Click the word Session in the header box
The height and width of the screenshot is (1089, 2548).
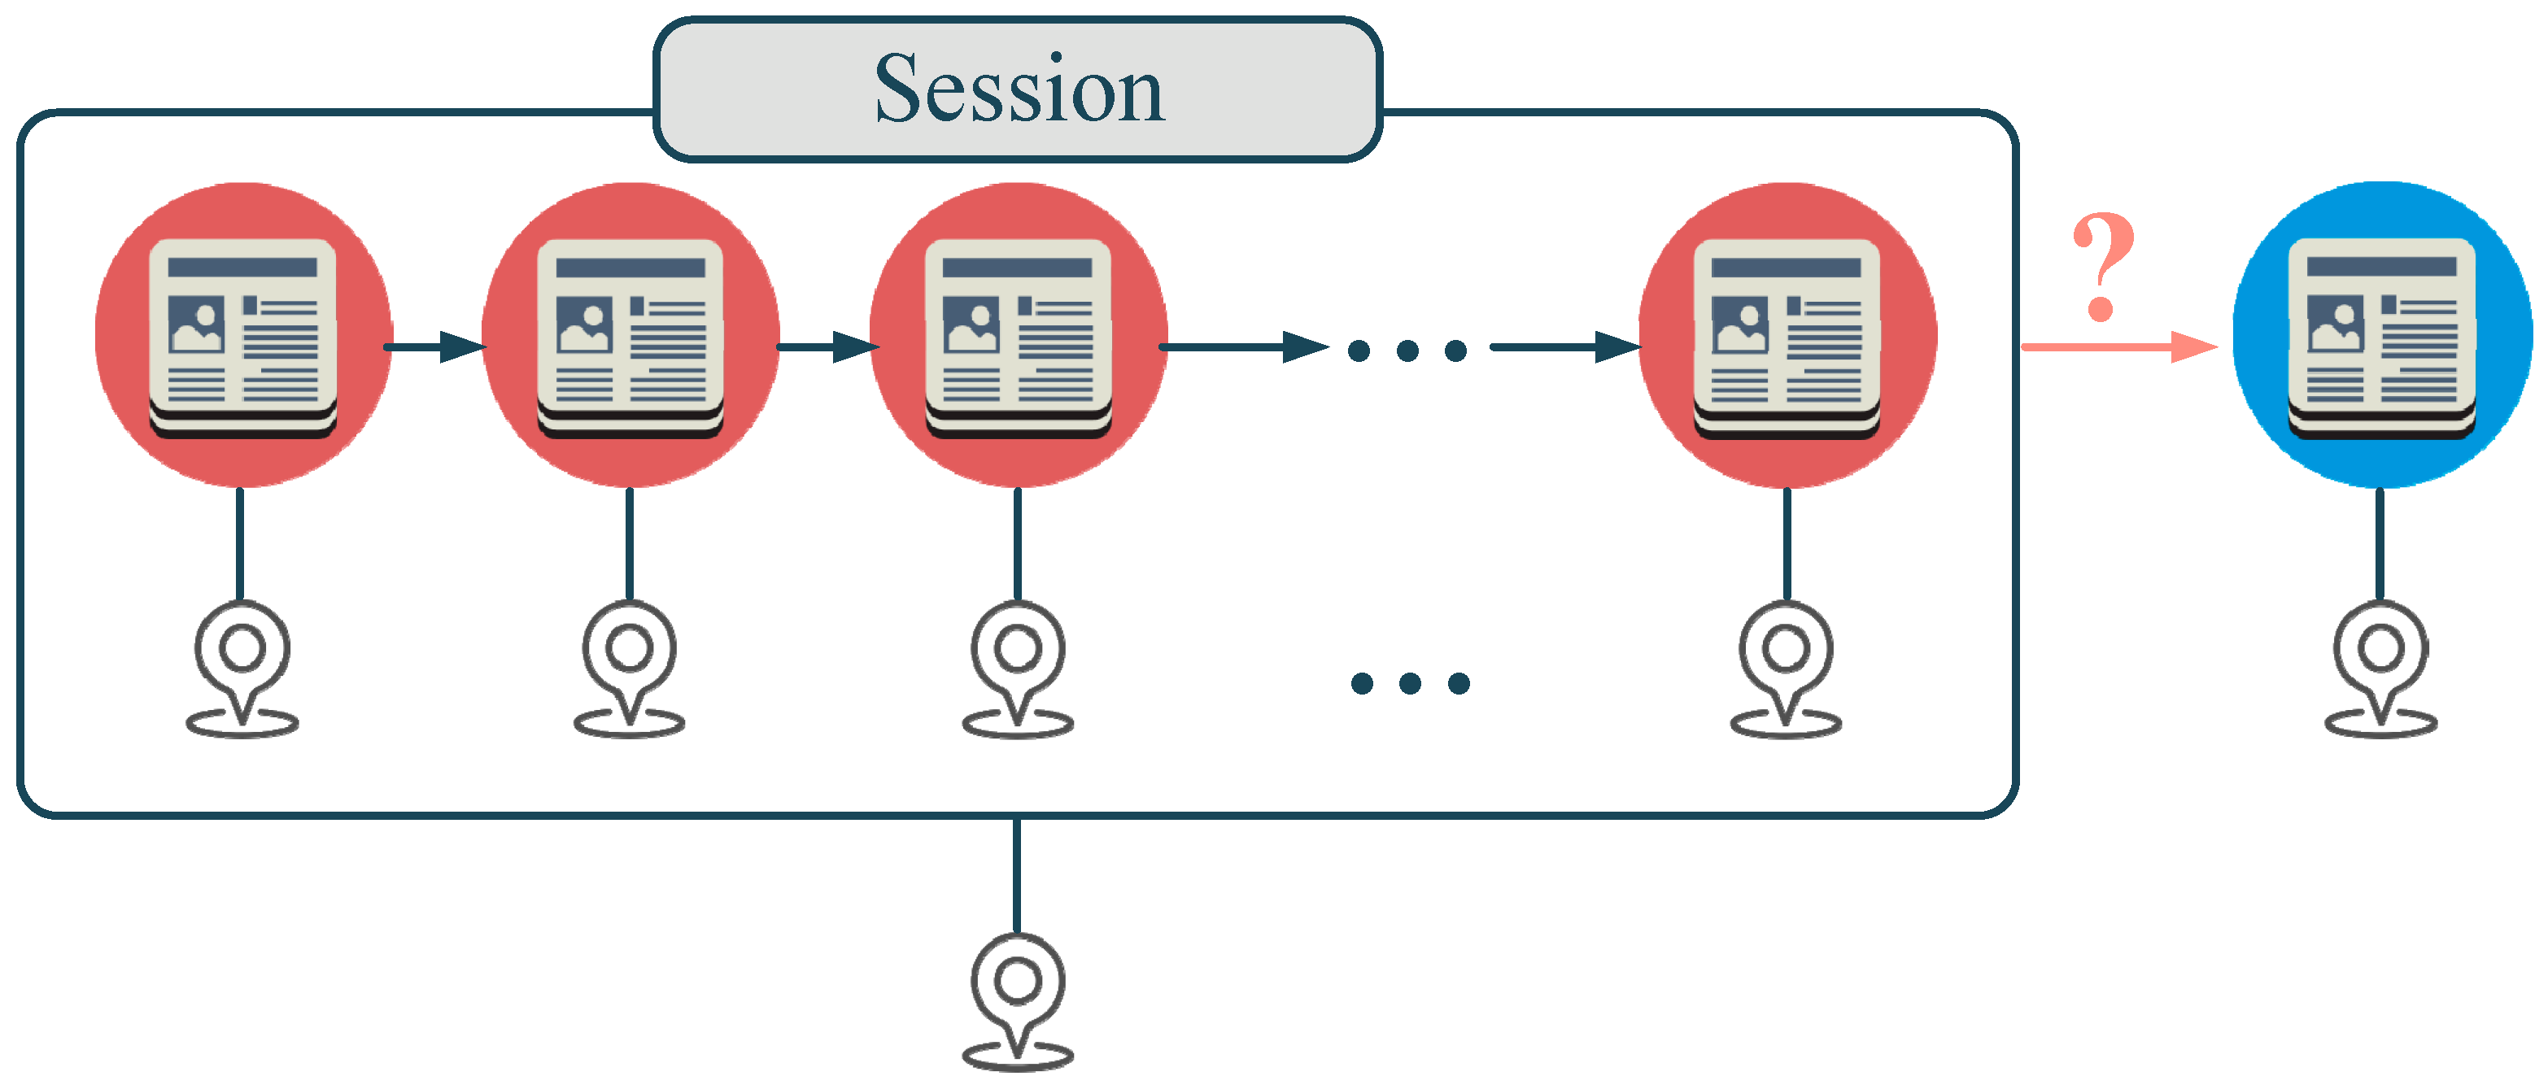[x=1019, y=89]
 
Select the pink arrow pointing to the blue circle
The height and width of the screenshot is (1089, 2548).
[x=2117, y=346]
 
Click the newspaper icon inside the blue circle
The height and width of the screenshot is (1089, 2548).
[x=2382, y=336]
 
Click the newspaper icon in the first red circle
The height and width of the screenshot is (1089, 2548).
[x=242, y=336]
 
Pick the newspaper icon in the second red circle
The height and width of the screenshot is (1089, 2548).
[x=630, y=336]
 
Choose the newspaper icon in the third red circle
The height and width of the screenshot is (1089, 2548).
[x=1018, y=336]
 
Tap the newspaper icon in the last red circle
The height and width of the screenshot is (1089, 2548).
[x=1787, y=336]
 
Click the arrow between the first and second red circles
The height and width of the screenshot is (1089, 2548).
[x=435, y=347]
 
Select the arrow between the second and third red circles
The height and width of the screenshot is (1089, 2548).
[x=827, y=347]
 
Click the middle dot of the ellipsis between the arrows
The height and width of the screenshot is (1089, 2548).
[x=1407, y=351]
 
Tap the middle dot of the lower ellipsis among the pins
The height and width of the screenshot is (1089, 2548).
[x=1411, y=682]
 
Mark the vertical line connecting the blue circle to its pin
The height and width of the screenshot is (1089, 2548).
[x=2380, y=544]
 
